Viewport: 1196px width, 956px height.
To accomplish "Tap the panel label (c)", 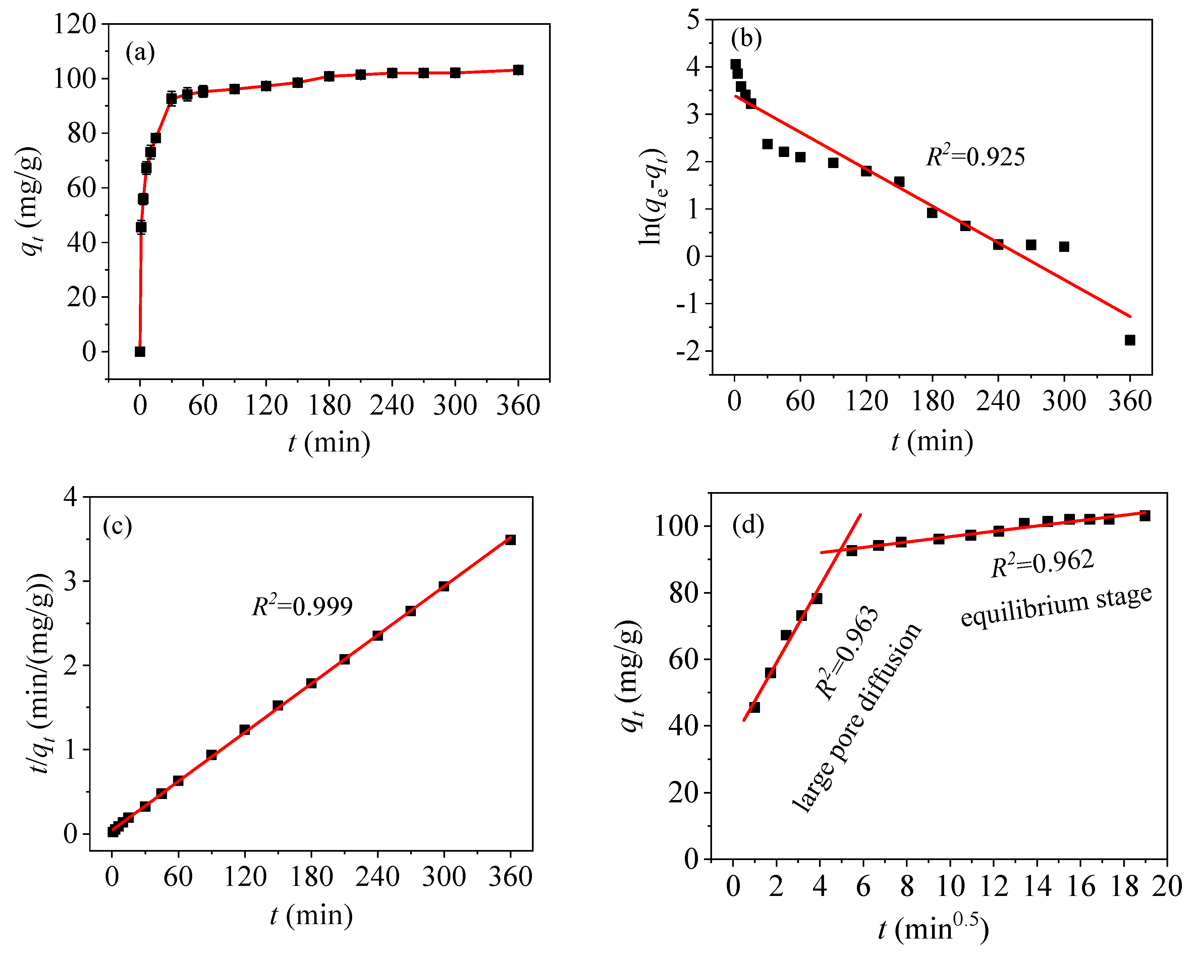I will [117, 525].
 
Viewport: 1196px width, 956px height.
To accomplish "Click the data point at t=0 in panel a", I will [140, 351].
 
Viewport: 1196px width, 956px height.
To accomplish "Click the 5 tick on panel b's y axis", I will [693, 20].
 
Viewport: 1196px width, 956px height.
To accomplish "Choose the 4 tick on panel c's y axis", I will [70, 496].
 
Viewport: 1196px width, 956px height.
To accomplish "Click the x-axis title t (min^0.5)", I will [933, 928].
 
